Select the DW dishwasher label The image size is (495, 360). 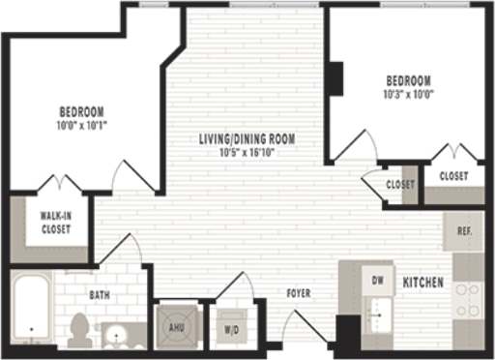(378, 279)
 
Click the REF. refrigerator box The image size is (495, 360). (464, 232)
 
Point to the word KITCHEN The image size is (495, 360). (424, 283)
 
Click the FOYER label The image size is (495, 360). (298, 293)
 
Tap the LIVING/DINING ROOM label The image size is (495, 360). (247, 139)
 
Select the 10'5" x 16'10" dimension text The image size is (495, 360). (247, 152)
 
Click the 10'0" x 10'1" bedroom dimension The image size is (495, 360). (80, 124)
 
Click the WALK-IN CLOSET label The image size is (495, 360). (55, 223)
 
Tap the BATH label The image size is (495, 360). (100, 294)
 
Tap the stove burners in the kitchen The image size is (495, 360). (468, 300)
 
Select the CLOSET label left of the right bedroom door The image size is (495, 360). (399, 184)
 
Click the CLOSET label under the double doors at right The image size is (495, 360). (453, 176)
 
